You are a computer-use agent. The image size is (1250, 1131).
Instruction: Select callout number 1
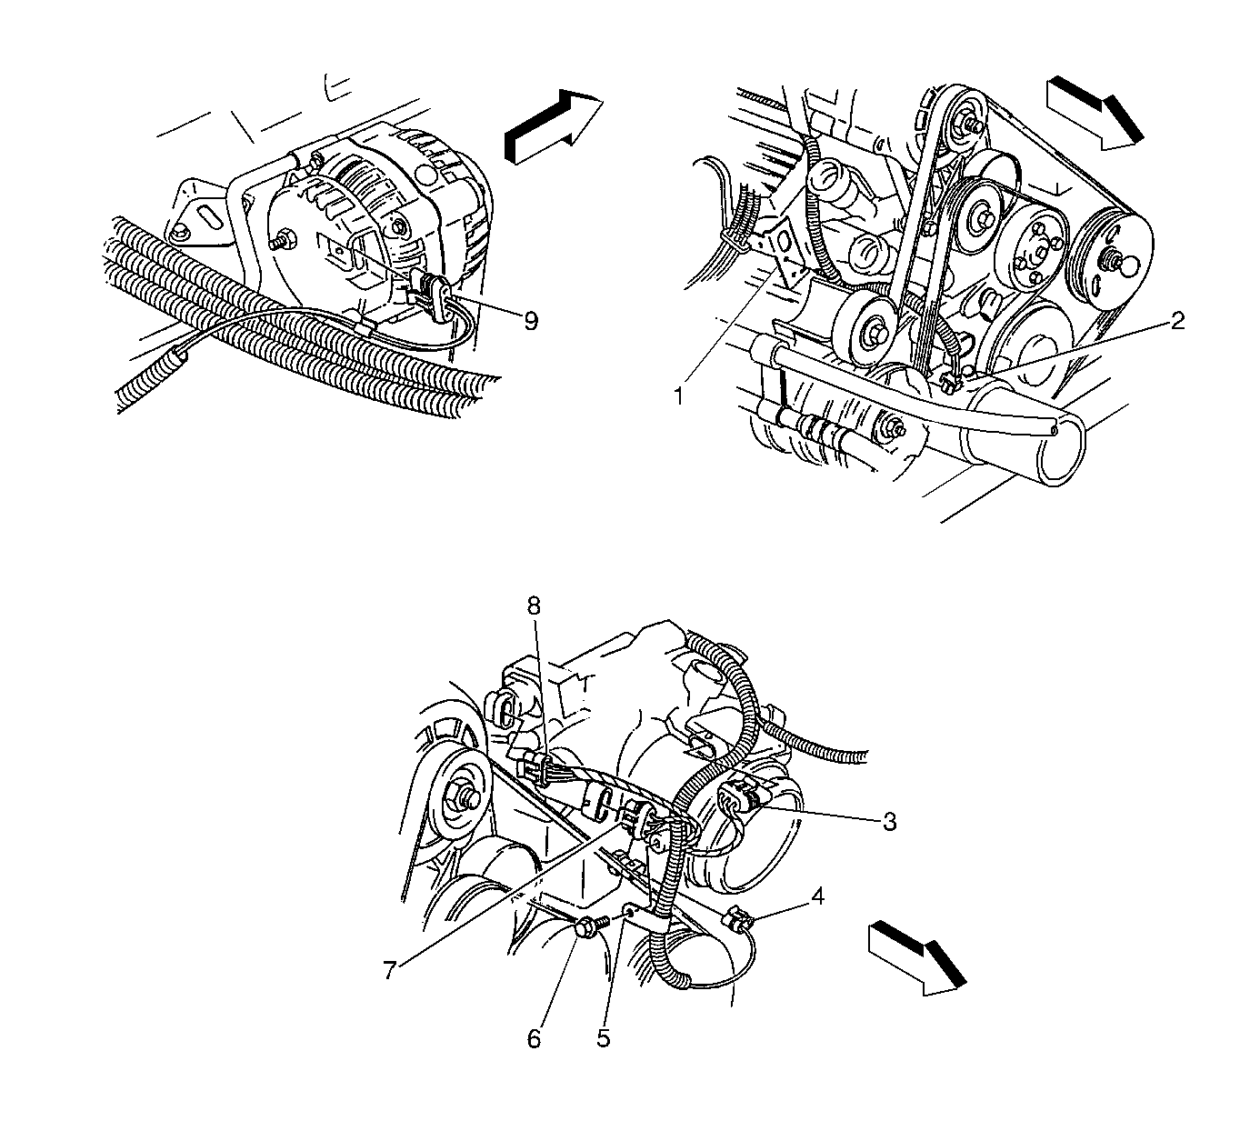pos(679,396)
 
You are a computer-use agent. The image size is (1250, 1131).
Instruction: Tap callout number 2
pos(1176,321)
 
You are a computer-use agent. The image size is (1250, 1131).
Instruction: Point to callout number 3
pos(889,822)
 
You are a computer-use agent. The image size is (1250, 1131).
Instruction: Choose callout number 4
pos(817,897)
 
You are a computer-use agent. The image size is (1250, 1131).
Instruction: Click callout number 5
pos(604,1038)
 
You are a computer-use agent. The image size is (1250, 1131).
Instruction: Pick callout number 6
pos(534,1039)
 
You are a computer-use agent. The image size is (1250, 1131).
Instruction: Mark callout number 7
pos(389,971)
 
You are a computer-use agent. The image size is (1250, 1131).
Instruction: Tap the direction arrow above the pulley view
pos(1095,113)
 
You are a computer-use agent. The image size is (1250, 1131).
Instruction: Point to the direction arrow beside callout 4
pos(916,958)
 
